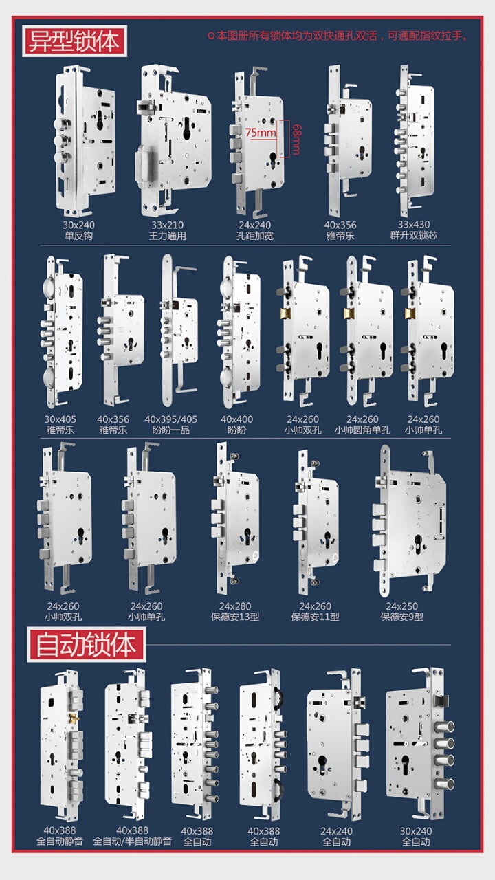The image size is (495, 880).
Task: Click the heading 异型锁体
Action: click(x=74, y=41)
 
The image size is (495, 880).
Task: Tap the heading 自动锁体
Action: click(x=87, y=645)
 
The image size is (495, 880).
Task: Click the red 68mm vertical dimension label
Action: click(x=296, y=140)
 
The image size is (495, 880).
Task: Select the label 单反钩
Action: click(x=79, y=236)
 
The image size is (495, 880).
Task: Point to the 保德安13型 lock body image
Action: click(x=234, y=518)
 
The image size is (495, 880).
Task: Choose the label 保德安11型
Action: click(x=315, y=617)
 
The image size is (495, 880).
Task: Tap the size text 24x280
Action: click(x=235, y=606)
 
